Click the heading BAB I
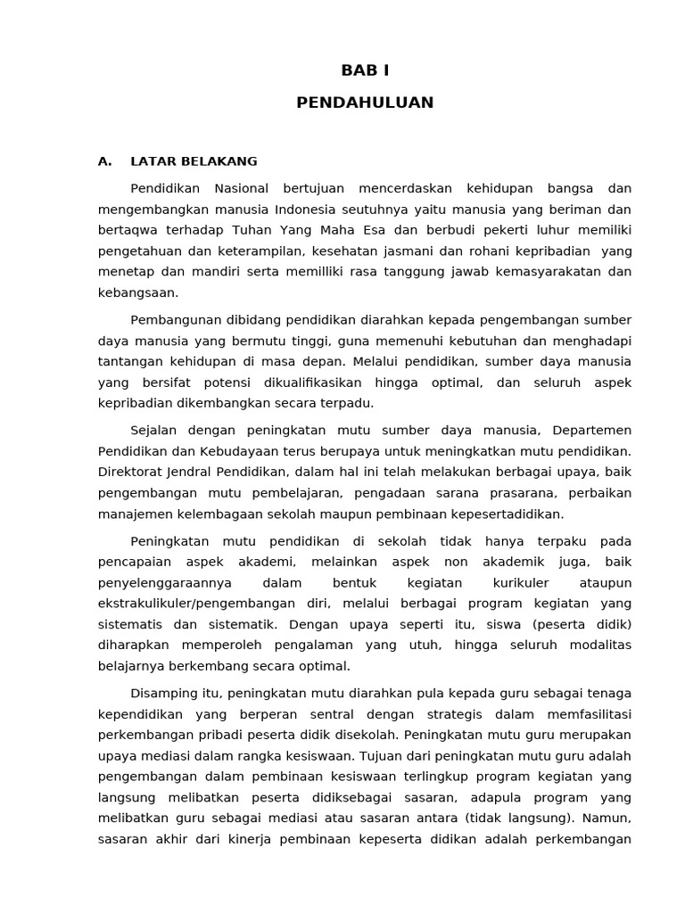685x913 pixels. pyautogui.click(x=365, y=70)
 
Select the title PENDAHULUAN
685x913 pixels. pyautogui.click(x=365, y=103)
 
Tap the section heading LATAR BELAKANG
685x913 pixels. pyautogui.click(x=194, y=161)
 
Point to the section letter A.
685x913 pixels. pyautogui.click(x=104, y=161)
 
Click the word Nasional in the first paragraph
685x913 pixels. pyautogui.click(x=244, y=188)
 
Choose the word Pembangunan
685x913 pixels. pyautogui.click(x=172, y=319)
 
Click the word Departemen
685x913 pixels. pyautogui.click(x=591, y=430)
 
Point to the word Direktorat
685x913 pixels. pyautogui.click(x=132, y=472)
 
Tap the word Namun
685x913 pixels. pyautogui.click(x=608, y=818)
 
